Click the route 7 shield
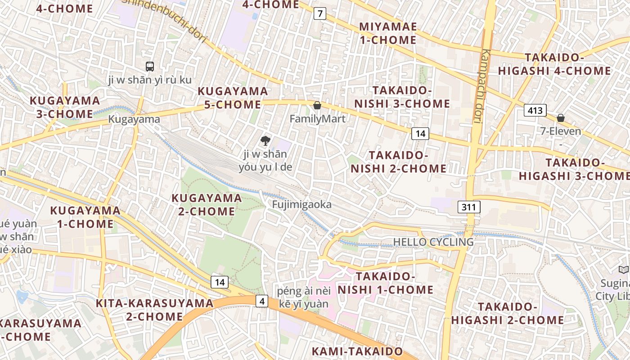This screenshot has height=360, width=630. (x=319, y=13)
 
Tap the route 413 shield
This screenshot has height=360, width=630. (x=535, y=110)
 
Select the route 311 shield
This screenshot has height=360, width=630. (x=469, y=207)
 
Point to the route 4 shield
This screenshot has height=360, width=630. (x=262, y=301)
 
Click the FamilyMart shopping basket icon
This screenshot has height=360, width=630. (x=317, y=105)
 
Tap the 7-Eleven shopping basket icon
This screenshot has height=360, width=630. (x=561, y=118)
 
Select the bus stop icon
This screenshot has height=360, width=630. (x=150, y=67)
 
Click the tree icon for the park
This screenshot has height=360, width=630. (x=265, y=140)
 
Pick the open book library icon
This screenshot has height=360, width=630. (x=623, y=270)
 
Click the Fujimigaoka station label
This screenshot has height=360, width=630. (x=301, y=204)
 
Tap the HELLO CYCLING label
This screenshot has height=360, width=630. (x=433, y=242)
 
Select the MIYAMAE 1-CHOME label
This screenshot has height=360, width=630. (x=388, y=33)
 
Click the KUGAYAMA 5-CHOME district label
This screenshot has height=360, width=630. (x=233, y=98)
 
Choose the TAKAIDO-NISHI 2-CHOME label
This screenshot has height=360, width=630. (x=399, y=162)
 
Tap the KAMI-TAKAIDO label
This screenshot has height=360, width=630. (x=358, y=351)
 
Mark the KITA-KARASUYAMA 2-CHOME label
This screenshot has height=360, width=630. (x=154, y=310)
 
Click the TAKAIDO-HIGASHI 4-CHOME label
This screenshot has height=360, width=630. (x=554, y=64)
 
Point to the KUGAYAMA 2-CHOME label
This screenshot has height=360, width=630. (x=207, y=204)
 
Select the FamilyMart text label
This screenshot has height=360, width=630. (x=317, y=119)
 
